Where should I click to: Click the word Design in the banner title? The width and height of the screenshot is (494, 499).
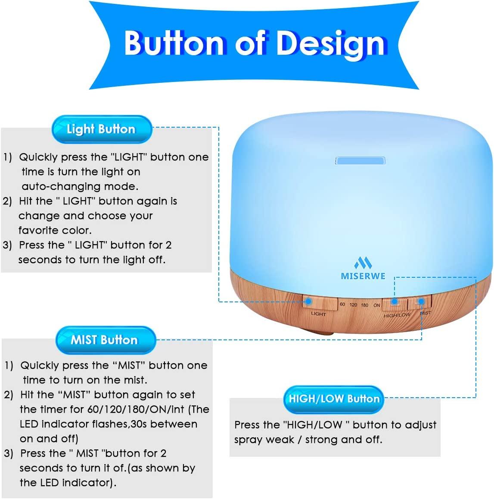point(330,44)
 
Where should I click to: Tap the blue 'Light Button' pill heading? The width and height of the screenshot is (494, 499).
point(101,129)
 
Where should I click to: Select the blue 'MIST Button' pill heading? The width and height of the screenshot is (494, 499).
point(104,340)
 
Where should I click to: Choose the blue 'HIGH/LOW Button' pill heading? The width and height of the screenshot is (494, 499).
point(334,399)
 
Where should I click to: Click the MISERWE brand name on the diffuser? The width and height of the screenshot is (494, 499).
point(363,276)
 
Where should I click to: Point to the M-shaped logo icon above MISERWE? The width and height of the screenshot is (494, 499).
point(363,263)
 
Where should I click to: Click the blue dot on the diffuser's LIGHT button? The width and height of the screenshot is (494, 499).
point(308,302)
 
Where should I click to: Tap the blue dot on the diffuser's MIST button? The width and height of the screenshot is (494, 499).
point(421,302)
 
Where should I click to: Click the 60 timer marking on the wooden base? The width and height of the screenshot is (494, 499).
point(342,304)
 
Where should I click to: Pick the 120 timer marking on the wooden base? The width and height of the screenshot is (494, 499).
point(353,305)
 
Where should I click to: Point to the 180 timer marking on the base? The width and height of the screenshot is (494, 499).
point(364,305)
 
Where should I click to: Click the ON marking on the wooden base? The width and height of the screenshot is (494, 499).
point(377,305)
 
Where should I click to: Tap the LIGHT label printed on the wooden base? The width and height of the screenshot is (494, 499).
point(318,314)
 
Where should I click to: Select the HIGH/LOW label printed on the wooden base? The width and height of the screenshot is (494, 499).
point(397,315)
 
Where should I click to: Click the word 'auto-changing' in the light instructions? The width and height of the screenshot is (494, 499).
point(52,187)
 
